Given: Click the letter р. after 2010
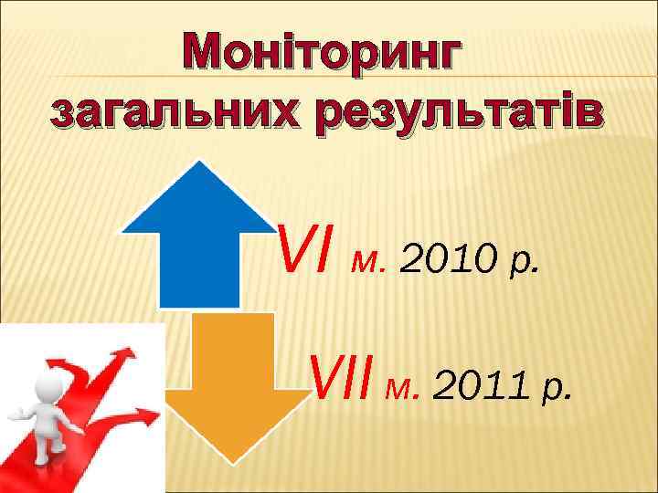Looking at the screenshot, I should (530, 266).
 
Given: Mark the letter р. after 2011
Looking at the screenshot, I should (561, 392).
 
